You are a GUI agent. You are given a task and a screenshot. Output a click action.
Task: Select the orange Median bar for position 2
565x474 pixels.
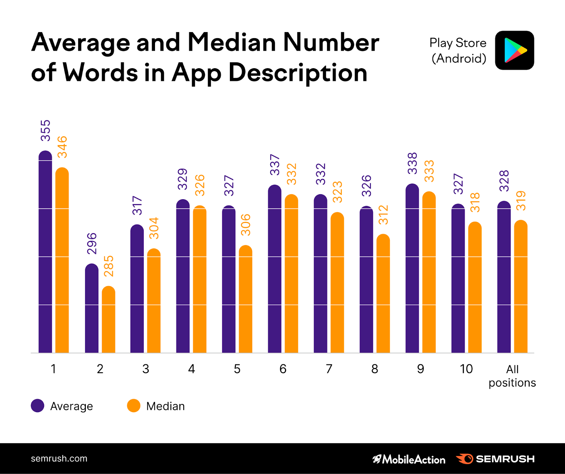[108, 319]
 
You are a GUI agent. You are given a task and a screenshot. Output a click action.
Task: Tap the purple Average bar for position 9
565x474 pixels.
[412, 268]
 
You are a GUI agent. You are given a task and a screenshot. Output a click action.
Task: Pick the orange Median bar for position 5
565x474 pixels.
[245, 299]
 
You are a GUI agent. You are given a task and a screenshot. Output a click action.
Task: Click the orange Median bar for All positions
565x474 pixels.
[521, 286]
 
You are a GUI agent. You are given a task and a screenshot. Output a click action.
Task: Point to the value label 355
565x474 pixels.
[46, 130]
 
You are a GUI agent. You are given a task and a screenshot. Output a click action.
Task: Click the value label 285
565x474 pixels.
[109, 266]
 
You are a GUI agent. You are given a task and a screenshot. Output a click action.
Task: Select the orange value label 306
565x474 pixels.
[246, 225]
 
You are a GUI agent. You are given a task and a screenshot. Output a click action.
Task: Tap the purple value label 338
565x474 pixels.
[412, 163]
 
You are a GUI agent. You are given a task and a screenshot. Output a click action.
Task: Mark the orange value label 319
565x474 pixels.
[521, 201]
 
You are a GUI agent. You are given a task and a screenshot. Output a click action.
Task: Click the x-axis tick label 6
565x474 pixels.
[283, 369]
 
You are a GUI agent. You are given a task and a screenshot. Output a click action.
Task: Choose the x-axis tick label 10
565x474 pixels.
[466, 369]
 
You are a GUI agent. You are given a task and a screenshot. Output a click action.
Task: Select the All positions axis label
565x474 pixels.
[512, 376]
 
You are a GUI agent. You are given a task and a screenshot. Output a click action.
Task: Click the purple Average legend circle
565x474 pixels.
[37, 406]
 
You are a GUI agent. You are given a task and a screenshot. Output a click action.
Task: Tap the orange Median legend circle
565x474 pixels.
[133, 406]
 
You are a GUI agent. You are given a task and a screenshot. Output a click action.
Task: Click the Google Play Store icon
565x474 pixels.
[515, 50]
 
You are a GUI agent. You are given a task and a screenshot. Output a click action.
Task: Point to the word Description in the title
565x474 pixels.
[298, 73]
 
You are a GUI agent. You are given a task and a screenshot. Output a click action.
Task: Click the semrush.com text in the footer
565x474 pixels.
[59, 458]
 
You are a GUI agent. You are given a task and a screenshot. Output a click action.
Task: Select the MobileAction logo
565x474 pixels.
[409, 459]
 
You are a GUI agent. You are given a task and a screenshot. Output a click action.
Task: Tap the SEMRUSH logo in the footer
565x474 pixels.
[495, 459]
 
